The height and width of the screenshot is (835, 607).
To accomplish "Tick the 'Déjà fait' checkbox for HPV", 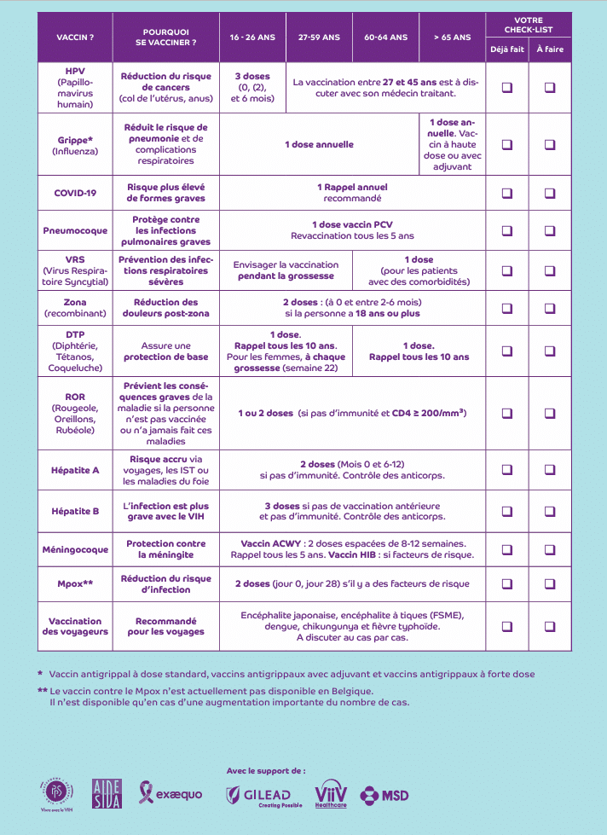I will coord(507,87).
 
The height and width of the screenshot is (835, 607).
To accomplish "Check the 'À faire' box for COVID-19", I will coord(550,193).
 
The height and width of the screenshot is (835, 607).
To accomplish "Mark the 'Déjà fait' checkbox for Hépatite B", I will coord(507,511).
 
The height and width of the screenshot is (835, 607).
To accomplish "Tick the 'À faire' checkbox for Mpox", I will coord(550,584).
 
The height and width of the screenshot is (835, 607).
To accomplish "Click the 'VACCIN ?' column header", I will coord(75,38).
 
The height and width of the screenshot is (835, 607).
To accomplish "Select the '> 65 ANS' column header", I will coord(451,38).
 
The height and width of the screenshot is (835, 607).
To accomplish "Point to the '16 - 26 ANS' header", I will coord(252,38).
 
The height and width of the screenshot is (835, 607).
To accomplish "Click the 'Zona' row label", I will coord(75,302).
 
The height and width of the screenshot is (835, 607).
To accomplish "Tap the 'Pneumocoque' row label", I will coord(75,230).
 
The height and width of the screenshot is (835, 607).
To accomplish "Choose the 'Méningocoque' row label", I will coord(75,549).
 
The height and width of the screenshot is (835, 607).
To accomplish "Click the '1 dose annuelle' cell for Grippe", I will coord(319,145).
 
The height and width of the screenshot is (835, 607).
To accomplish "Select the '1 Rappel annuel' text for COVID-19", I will coord(352,188).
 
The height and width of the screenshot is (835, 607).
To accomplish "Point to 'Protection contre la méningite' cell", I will coord(166,549).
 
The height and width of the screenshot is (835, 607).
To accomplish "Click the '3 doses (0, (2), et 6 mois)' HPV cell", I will coord(252,87).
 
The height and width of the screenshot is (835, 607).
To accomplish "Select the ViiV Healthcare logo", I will coord(331,794).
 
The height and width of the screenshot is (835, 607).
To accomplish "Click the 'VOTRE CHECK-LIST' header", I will coord(529,24).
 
